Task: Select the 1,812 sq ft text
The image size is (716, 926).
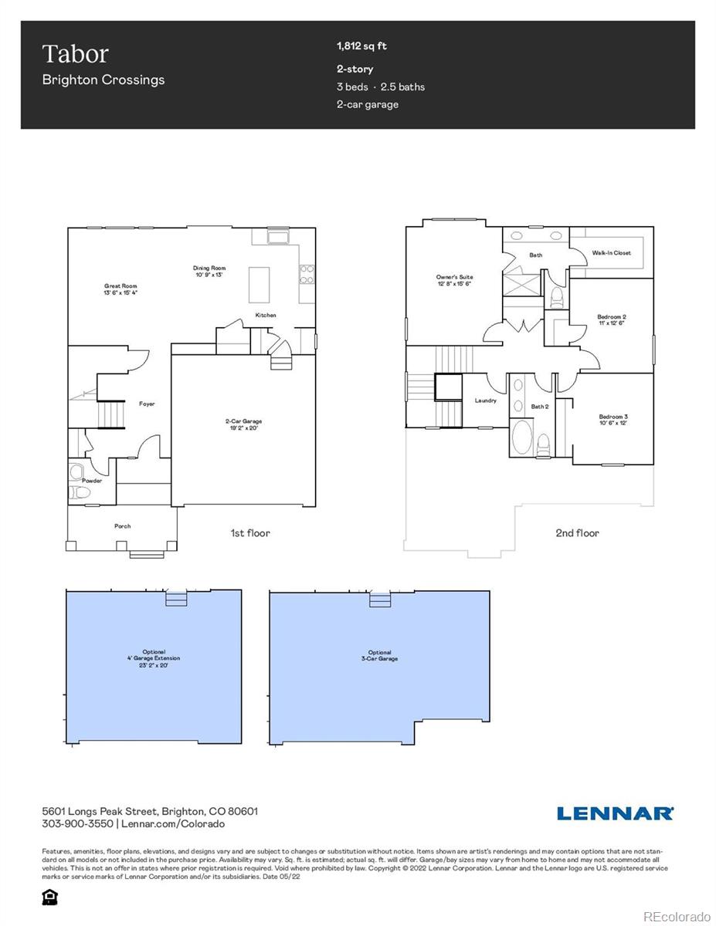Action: [361, 46]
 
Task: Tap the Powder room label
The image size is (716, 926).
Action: [92, 481]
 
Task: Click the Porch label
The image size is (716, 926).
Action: [122, 526]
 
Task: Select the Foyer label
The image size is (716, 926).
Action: [147, 404]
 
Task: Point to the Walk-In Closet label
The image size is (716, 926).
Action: [611, 253]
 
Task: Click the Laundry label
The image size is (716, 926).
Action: [485, 400]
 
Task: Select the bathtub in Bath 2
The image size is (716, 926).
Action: [522, 438]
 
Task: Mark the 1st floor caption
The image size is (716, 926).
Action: [249, 532]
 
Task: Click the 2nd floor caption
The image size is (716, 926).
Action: [576, 532]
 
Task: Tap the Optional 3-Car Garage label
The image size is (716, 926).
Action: [379, 655]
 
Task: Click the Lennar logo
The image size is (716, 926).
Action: [615, 813]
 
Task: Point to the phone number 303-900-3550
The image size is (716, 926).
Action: [77, 824]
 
